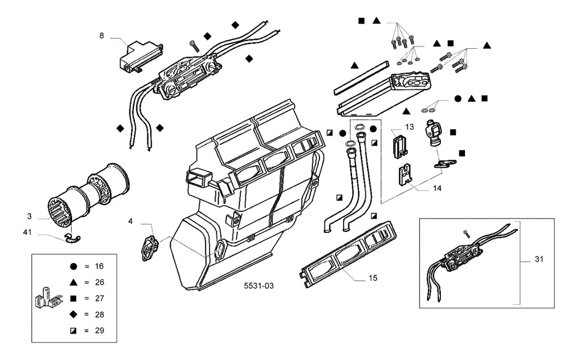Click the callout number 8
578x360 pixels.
point(102,36)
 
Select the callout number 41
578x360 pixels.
point(27,232)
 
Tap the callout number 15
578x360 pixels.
point(373,277)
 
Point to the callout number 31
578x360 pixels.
point(539,259)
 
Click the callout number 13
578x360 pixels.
point(409,127)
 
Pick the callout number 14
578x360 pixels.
point(437,189)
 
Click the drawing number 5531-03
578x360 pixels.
point(259,286)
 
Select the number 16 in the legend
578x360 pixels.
point(99,266)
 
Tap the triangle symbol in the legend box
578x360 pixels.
point(74,282)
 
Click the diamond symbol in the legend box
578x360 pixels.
point(74,314)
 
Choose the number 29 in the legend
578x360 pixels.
point(99,331)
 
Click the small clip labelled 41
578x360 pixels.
point(72,239)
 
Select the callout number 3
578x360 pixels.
point(29,217)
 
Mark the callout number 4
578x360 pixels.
point(130,221)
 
